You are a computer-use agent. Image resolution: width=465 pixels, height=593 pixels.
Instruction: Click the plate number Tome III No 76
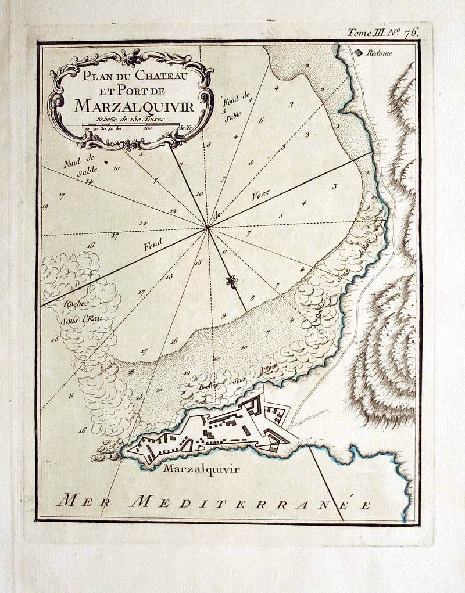click(x=382, y=33)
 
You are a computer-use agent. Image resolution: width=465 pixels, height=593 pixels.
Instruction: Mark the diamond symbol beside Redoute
click(x=359, y=52)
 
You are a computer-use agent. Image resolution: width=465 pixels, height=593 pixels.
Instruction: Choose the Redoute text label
click(x=379, y=53)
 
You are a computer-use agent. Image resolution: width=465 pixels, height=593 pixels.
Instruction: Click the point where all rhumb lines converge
click(x=208, y=228)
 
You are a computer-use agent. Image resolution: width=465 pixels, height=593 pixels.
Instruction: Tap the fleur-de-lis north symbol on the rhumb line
click(x=232, y=282)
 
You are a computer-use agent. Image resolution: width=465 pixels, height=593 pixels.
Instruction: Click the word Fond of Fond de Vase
click(x=153, y=245)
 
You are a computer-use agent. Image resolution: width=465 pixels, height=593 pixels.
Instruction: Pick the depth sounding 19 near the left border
click(x=45, y=207)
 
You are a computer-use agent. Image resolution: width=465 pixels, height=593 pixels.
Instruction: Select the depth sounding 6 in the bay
click(x=262, y=120)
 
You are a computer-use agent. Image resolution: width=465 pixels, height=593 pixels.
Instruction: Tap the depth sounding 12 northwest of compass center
click(x=173, y=211)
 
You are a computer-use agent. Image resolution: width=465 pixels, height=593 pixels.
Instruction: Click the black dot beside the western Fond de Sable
click(x=106, y=163)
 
